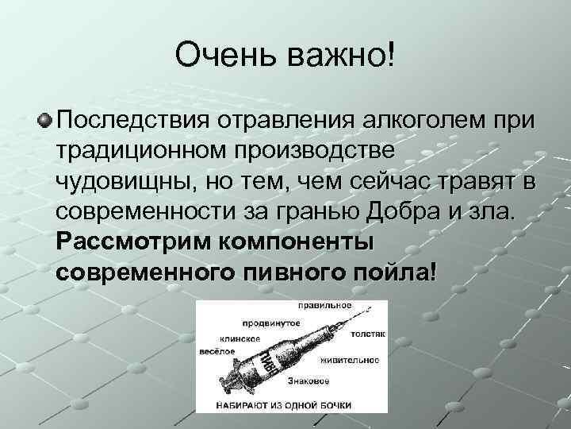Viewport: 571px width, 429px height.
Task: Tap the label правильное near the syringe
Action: (325, 306)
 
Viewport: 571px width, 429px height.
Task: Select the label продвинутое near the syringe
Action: (272, 323)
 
